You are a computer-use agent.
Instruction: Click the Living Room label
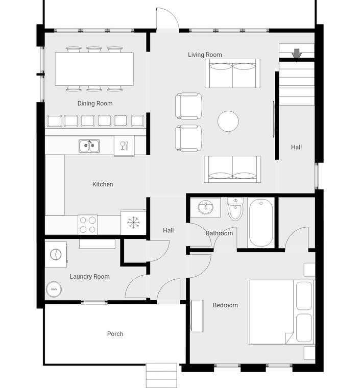[205, 55]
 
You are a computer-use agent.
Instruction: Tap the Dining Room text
[95, 104]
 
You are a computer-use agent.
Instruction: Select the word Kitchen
[103, 184]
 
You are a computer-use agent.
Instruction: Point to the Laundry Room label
[89, 277]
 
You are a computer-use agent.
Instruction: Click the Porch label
[115, 334]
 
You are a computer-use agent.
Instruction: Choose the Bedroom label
[225, 305]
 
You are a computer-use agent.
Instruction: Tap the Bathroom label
[219, 233]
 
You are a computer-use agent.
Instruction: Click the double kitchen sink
[89, 146]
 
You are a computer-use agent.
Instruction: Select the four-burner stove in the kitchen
[88, 225]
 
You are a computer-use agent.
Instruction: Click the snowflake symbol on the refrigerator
[133, 223]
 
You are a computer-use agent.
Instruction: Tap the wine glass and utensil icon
[124, 145]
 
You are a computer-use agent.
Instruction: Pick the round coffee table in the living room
[228, 122]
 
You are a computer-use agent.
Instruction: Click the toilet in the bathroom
[235, 209]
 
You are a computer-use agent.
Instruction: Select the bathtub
[261, 223]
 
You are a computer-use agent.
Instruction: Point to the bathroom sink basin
[206, 207]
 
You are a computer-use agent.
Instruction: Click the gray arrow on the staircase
[297, 54]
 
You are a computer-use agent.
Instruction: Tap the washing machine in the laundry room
[56, 254]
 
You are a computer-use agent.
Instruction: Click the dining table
[94, 69]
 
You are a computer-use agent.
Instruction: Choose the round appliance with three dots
[54, 289]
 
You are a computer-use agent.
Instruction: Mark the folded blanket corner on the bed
[289, 338]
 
